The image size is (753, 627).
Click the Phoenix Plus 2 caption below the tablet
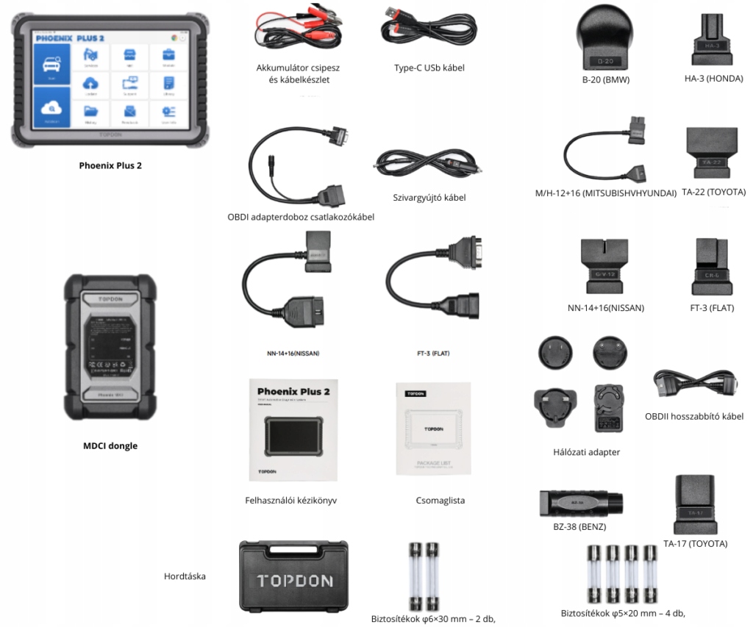110,165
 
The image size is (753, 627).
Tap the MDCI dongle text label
110,445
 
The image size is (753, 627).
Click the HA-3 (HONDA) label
713,79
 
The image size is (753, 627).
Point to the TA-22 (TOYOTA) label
713,193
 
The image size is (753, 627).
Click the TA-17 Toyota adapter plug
694,505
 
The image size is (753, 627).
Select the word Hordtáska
185,576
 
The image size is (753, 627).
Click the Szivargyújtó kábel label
429,197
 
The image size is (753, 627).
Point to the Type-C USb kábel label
429,68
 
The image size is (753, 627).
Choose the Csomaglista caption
440,501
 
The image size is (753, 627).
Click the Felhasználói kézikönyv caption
291,501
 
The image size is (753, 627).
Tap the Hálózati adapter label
586,452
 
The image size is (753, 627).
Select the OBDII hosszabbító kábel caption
694,416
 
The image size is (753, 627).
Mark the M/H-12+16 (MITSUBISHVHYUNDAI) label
605,193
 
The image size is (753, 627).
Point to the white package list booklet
432,429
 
